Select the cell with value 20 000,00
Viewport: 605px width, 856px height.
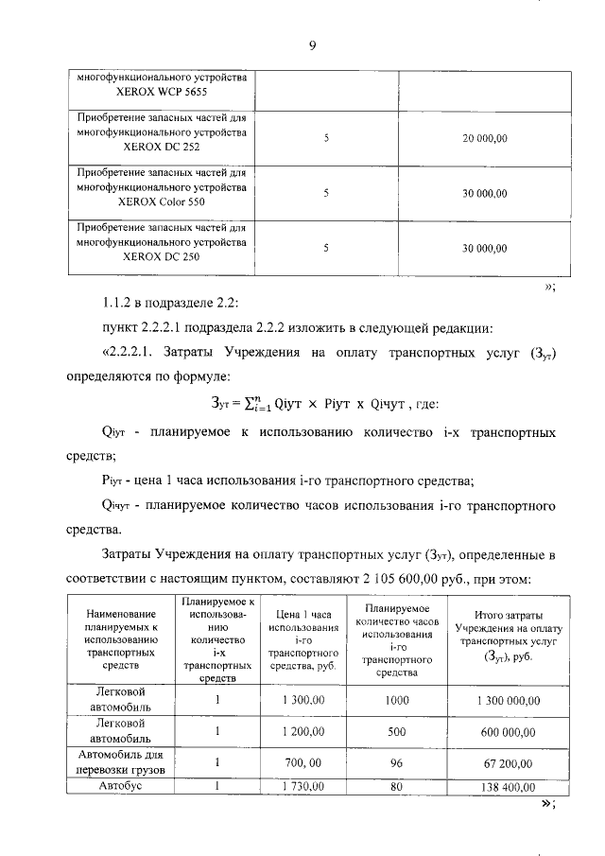pos(485,139)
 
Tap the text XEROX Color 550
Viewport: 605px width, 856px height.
pos(163,202)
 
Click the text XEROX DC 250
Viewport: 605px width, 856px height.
pos(163,257)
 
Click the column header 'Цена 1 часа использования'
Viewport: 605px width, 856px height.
pos(302,640)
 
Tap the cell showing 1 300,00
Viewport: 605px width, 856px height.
pos(302,700)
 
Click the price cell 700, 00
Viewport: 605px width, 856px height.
pos(302,762)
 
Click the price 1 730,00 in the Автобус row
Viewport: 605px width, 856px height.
pos(302,786)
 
